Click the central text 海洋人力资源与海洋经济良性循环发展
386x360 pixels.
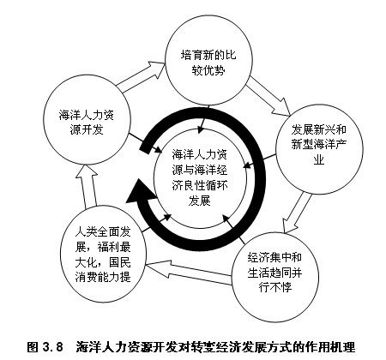200,178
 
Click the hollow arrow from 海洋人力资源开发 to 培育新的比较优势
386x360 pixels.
142,76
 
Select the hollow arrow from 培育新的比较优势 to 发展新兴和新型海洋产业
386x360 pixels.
268,96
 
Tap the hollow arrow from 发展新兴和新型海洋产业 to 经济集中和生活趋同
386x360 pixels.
297,213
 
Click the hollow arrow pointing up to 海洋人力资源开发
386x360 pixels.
87,186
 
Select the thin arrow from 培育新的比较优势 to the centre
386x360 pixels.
204,119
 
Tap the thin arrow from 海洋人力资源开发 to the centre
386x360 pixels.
145,143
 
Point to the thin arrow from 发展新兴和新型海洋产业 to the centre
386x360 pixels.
260,161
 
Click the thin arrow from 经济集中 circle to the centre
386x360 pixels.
234,229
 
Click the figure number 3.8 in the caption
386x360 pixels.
52,347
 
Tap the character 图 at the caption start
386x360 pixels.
33,347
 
